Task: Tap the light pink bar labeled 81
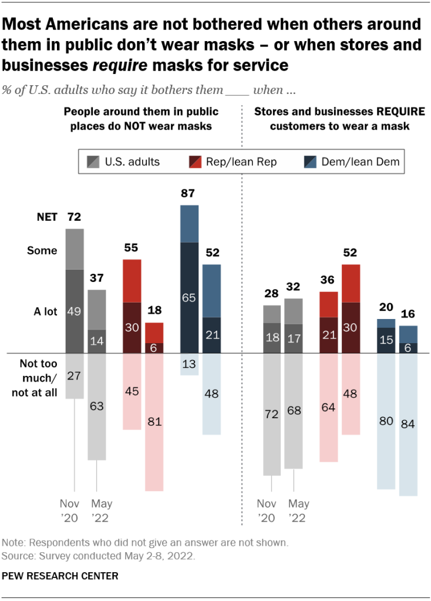click(154, 422)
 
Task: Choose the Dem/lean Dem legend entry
click(353, 163)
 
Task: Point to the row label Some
click(42, 251)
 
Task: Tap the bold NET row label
click(46, 217)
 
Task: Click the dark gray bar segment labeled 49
click(75, 311)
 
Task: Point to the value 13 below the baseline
click(189, 364)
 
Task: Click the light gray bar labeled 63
click(97, 406)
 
